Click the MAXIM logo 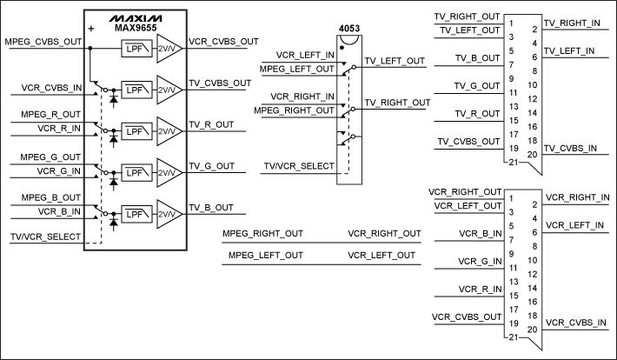click(x=134, y=17)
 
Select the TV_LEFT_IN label click(x=570, y=50)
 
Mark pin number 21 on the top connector click(x=514, y=163)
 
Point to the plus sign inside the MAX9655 click(x=90, y=29)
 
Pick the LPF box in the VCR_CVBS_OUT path click(x=134, y=50)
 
